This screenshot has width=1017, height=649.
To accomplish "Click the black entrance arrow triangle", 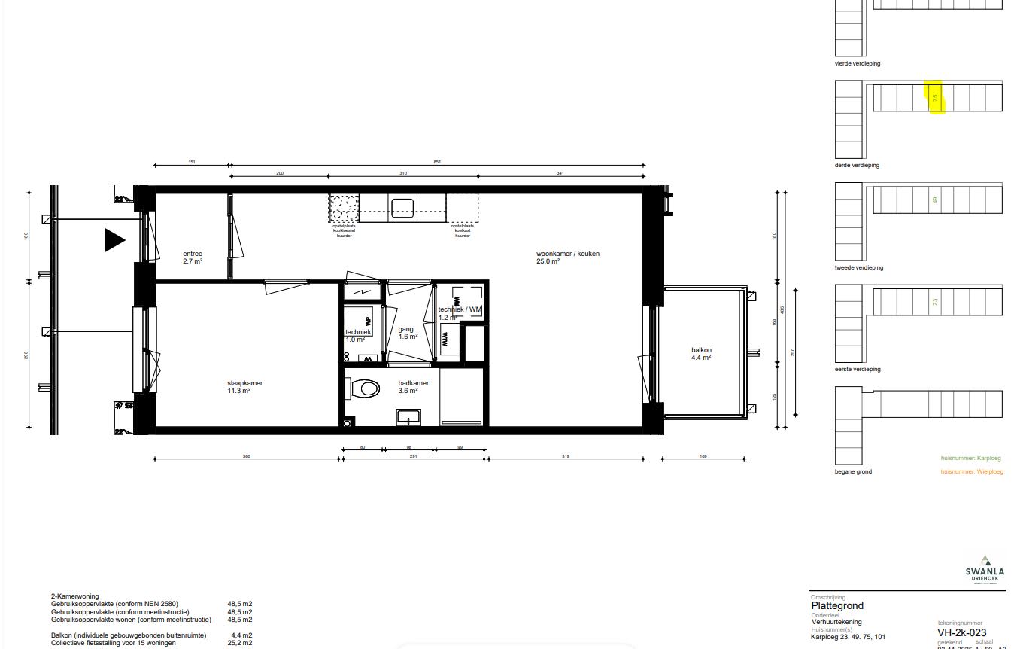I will (x=114, y=240).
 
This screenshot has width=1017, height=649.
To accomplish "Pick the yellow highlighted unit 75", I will (x=935, y=98).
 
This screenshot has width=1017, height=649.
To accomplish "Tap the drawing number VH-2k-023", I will (x=961, y=632).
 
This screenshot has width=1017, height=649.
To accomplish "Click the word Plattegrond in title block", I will (x=836, y=605).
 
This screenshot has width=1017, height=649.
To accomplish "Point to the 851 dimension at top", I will (x=437, y=162).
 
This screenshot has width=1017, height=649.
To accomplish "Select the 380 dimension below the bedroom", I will (x=246, y=456).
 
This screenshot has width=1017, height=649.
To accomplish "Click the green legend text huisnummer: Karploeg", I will (x=971, y=458).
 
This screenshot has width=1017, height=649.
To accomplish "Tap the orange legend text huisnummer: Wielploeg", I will (x=971, y=472).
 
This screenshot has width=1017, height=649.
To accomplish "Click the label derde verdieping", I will (x=857, y=165).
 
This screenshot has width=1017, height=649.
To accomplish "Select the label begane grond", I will (x=853, y=472).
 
